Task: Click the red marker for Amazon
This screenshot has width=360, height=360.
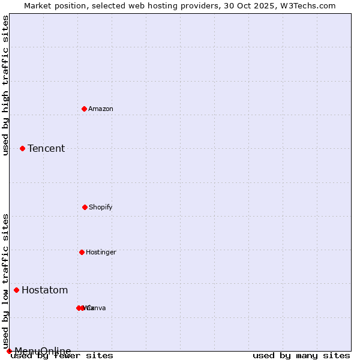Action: point(85,109)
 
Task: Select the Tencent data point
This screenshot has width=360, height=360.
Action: point(22,148)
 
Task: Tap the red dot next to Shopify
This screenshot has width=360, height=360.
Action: point(85,207)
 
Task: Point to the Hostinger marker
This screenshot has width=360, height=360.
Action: point(82,252)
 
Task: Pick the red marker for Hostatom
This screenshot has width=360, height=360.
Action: point(16,290)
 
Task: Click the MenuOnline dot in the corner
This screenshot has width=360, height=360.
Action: point(9,351)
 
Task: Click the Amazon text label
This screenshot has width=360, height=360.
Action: point(101,109)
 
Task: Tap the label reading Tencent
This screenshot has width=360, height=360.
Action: point(46,149)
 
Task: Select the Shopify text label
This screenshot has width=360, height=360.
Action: point(101,207)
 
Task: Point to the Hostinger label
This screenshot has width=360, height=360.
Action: point(101,252)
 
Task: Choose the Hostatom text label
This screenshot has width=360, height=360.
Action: point(44,290)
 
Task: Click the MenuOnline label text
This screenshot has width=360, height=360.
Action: point(43,351)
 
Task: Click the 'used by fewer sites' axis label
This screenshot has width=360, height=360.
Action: point(62,356)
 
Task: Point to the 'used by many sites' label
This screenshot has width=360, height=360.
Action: point(301,356)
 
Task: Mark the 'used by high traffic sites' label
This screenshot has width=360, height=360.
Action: point(5,85)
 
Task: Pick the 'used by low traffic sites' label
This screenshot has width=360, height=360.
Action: point(5,281)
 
